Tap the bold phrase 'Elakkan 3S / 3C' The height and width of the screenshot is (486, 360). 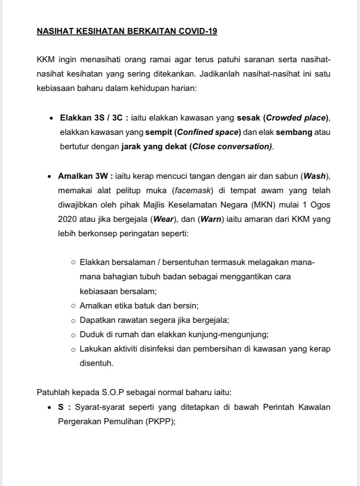point(91,118)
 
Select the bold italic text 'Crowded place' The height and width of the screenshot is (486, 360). point(296,118)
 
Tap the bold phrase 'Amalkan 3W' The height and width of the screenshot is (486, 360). point(84,176)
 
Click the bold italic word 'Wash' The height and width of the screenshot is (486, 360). point(314,176)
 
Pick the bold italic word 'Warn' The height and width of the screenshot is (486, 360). point(211,219)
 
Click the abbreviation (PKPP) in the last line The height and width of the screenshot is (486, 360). point(160,422)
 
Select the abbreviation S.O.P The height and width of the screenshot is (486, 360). point(113,392)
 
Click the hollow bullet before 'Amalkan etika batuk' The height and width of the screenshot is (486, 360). point(73,306)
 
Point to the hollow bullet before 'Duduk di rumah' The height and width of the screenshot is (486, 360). point(73,335)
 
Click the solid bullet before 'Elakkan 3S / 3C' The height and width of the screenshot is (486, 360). point(51,118)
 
